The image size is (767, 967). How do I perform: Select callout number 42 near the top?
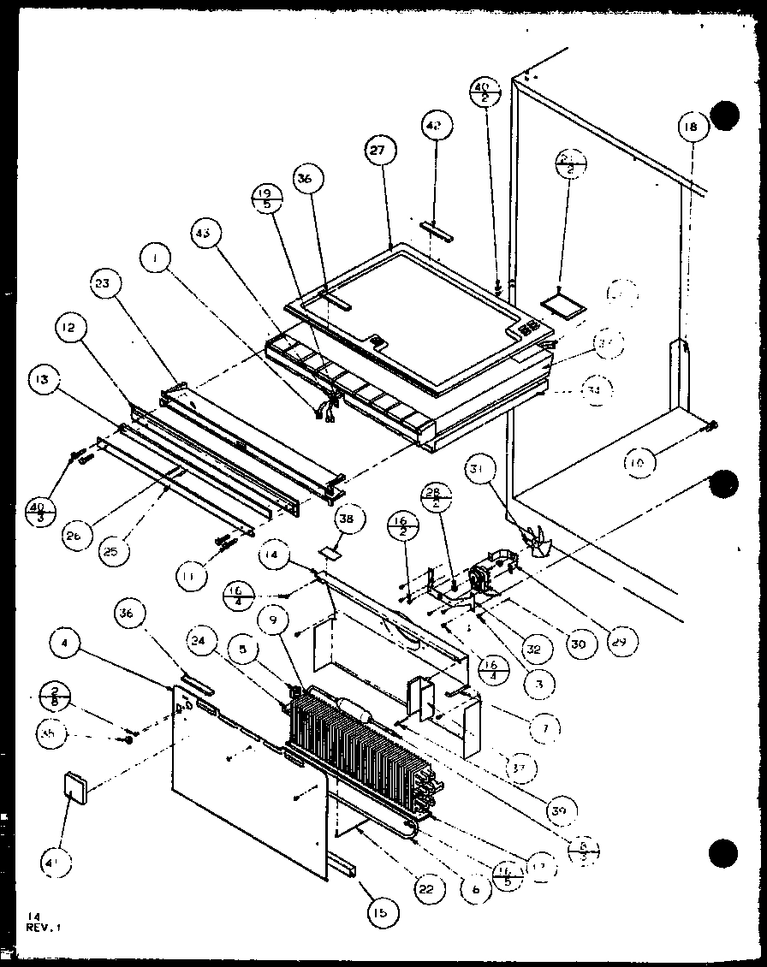coord(434,126)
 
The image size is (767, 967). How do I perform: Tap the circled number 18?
coord(691,127)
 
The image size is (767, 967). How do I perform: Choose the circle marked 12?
coord(71,328)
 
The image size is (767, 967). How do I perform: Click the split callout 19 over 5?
coord(263,199)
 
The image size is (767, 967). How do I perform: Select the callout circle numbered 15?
coord(379,913)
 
